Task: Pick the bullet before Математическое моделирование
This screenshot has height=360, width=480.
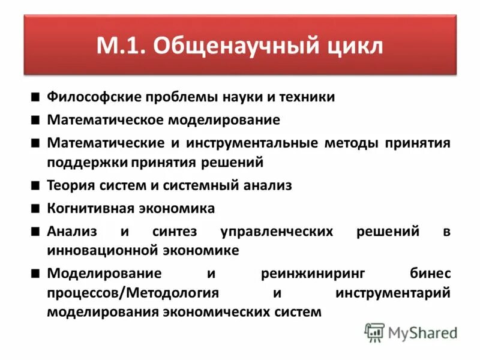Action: coord(37,120)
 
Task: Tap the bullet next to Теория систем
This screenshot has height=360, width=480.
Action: coord(37,185)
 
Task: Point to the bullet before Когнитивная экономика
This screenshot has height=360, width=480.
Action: coord(37,208)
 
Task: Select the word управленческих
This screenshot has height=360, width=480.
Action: coord(276,232)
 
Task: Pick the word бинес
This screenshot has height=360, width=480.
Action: coord(431,274)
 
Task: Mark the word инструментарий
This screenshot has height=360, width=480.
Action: coord(393,293)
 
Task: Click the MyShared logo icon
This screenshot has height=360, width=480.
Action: coord(375,332)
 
